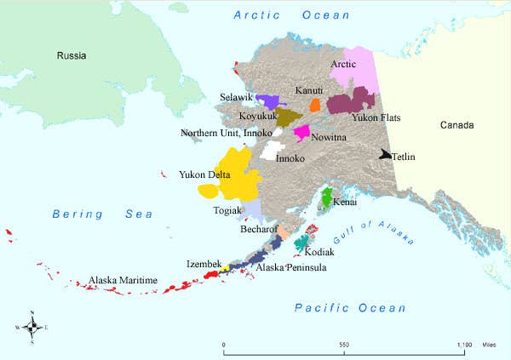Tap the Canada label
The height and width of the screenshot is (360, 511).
pos(457,125)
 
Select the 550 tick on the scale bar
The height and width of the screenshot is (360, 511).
pos(344,345)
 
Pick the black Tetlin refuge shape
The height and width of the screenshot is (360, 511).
pos(387,156)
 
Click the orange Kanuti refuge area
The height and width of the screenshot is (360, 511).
pos(314,105)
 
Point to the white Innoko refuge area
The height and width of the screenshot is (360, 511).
pos(273,151)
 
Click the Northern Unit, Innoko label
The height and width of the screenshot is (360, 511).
pos(226,133)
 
